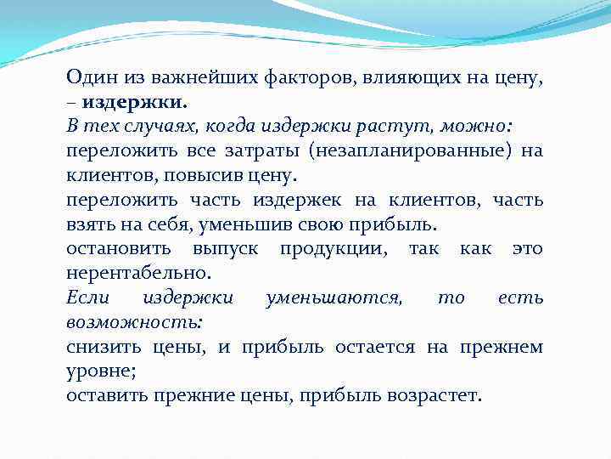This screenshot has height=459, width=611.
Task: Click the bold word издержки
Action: pyautogui.click(x=136, y=103)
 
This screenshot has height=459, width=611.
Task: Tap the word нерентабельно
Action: pyautogui.click(x=136, y=275)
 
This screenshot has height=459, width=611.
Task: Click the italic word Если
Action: pyautogui.click(x=87, y=298)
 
